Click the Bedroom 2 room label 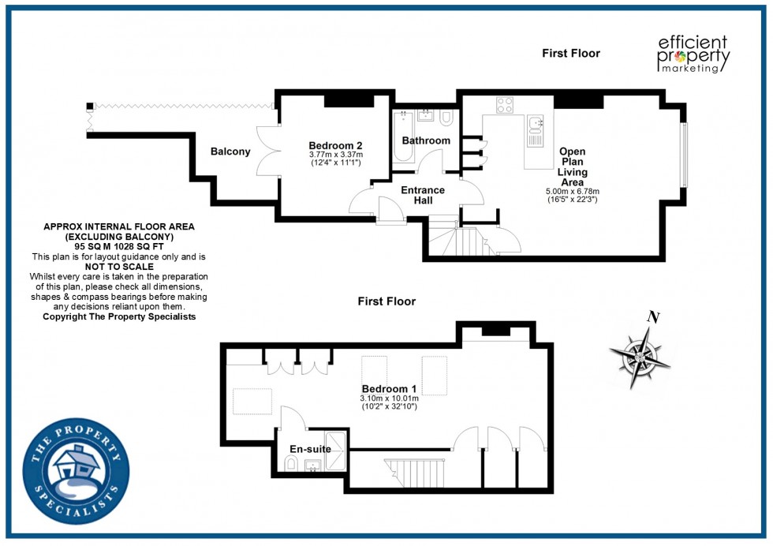click(335, 145)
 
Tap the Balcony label click(230, 151)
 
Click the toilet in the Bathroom click(446, 118)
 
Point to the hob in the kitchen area click(505, 105)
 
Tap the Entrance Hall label click(423, 195)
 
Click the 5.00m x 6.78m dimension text click(573, 191)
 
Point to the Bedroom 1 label click(389, 389)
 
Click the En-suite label click(310, 449)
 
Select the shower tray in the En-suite click(336, 451)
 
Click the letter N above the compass click(652, 318)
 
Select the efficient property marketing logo click(693, 54)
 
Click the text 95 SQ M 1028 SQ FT click(118, 247)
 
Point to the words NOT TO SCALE click(118, 267)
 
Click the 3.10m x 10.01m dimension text click(389, 398)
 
